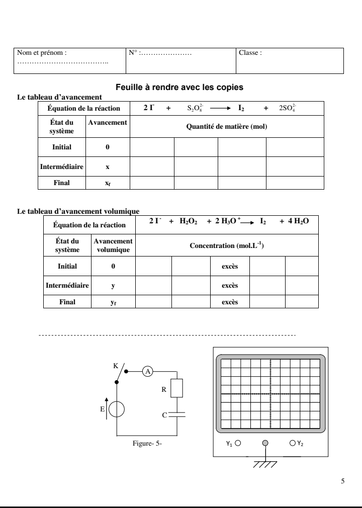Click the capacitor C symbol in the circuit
177,415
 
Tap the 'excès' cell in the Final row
230,302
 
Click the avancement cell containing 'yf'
113,302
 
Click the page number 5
342,481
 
